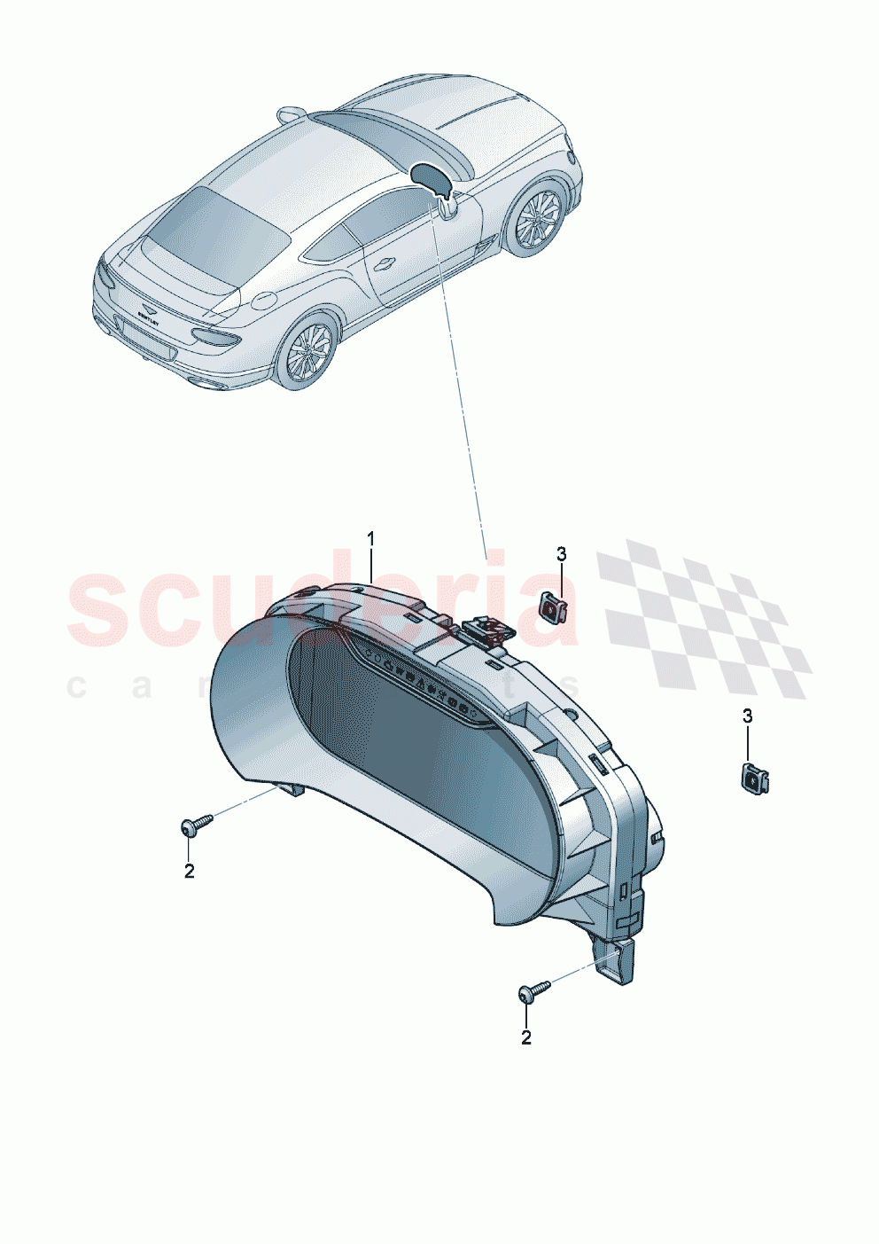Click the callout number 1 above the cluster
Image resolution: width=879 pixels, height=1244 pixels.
point(371,538)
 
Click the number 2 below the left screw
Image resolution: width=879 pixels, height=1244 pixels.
point(189,871)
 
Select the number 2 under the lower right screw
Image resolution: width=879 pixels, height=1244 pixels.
point(526,1037)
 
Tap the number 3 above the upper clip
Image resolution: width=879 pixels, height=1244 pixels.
point(561,555)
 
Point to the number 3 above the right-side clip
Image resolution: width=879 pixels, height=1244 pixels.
point(747,716)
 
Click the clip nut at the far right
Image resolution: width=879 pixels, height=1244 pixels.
point(754,778)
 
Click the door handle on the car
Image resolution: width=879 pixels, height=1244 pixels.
point(385,263)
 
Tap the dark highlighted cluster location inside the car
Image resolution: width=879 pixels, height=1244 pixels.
point(432,177)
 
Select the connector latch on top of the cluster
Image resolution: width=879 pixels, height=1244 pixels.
point(486,628)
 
